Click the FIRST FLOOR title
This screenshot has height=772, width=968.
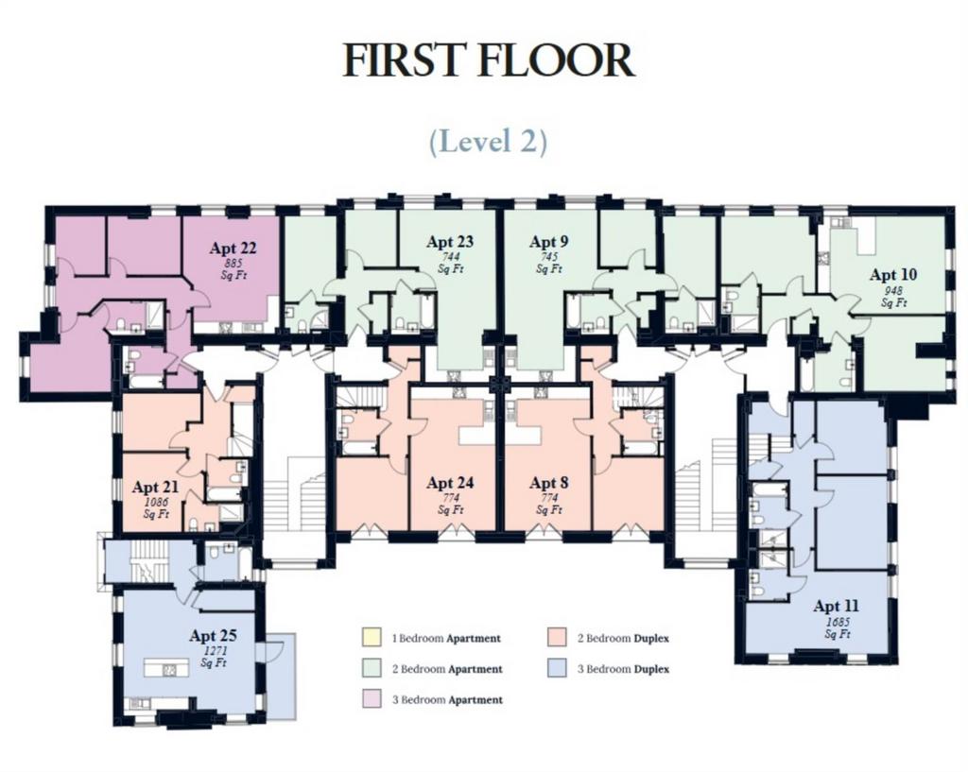tap(489, 60)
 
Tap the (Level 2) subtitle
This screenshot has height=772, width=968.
tap(489, 141)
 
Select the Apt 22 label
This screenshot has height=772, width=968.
tap(233, 249)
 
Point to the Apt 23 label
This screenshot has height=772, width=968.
tap(450, 241)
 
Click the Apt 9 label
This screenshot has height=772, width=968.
tap(549, 241)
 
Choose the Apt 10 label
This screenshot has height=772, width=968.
tap(893, 274)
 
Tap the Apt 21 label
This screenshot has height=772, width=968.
tap(155, 487)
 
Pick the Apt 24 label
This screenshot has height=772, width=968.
tap(450, 483)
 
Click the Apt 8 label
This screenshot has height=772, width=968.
tap(549, 483)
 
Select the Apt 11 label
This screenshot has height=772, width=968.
tap(837, 606)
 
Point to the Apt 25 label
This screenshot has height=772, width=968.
tap(213, 635)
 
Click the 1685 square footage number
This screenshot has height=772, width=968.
tap(838, 622)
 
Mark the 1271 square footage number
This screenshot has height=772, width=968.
tap(215, 651)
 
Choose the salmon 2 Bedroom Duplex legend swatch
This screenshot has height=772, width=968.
tap(557, 638)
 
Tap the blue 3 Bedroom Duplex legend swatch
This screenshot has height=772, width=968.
tap(557, 668)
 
